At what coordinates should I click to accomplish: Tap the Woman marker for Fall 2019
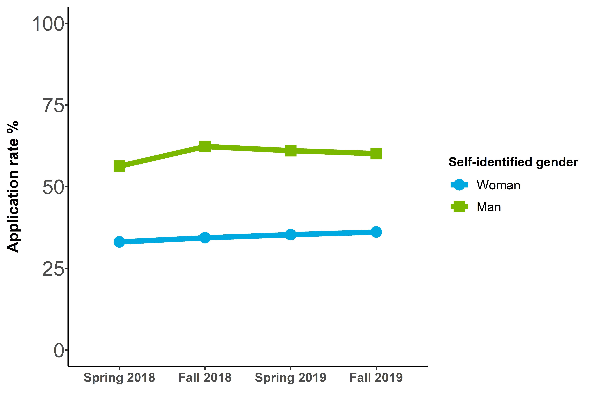(x=376, y=232)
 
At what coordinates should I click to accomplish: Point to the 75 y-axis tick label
(x=53, y=105)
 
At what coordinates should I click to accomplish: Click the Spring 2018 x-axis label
(x=119, y=378)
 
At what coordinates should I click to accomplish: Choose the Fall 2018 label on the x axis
(x=205, y=378)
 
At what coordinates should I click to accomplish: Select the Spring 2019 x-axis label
(x=291, y=378)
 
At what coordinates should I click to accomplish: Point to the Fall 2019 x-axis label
(x=376, y=378)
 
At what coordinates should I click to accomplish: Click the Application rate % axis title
(x=13, y=187)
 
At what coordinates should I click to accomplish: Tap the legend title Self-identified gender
(x=513, y=162)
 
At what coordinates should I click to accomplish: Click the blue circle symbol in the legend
(x=459, y=185)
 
